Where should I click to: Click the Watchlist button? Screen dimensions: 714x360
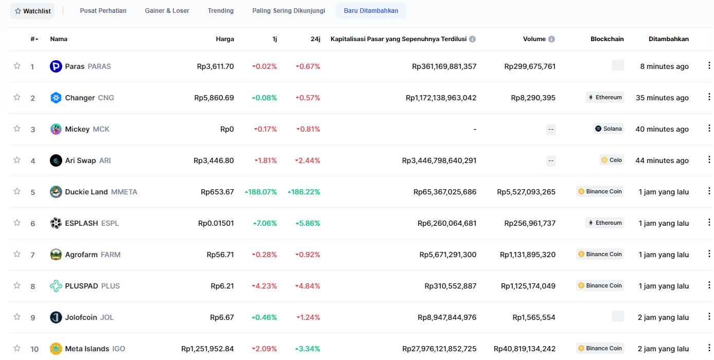(x=32, y=11)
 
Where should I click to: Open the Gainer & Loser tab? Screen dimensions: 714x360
(x=167, y=10)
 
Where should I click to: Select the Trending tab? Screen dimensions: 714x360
(x=221, y=10)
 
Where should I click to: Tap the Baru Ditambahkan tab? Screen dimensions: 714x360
(x=371, y=10)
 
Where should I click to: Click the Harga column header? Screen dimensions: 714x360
(x=225, y=39)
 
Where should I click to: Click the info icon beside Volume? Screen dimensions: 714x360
(x=552, y=39)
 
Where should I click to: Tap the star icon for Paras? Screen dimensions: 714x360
(x=17, y=66)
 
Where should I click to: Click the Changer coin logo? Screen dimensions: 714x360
(x=56, y=98)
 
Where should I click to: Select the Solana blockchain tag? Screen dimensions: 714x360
(x=608, y=129)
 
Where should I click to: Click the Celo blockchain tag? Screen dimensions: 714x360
(x=611, y=160)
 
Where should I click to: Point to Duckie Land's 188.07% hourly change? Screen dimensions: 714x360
(x=261, y=192)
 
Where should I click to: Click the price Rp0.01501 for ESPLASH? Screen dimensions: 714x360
(x=216, y=223)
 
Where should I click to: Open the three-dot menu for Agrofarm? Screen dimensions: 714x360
(x=709, y=254)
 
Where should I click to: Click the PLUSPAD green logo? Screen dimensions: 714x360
(x=56, y=286)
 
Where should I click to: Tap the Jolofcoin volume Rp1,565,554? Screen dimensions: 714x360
(x=534, y=317)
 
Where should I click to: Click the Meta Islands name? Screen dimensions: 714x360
(x=87, y=349)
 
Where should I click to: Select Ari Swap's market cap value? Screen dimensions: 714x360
(x=439, y=160)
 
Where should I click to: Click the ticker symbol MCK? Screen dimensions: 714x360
(x=101, y=129)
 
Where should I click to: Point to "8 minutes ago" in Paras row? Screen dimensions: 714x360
(x=664, y=66)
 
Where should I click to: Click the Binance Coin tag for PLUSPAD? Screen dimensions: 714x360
(x=600, y=285)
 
